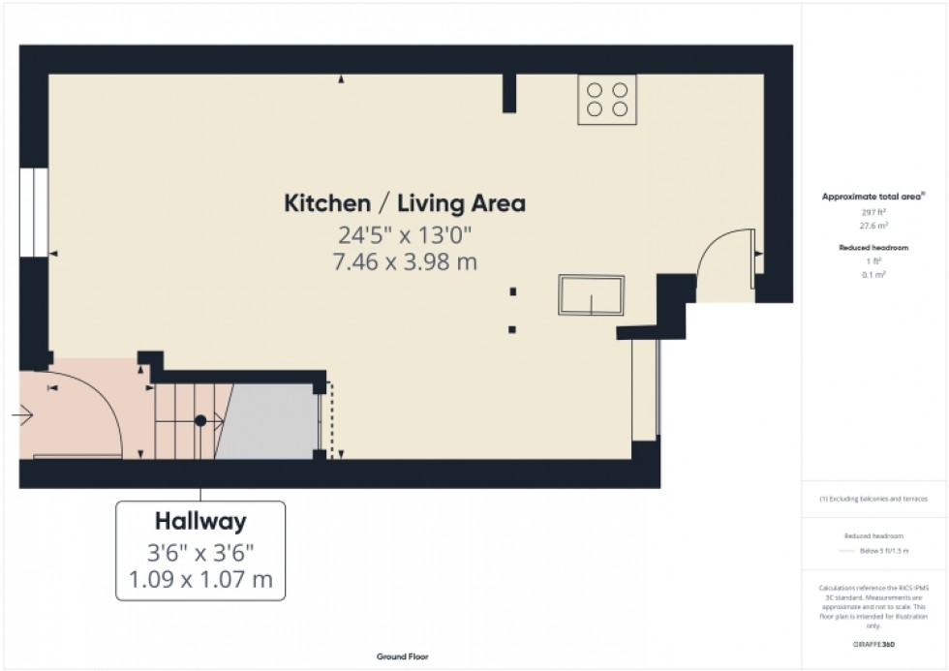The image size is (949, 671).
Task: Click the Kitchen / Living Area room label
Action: pos(404,203)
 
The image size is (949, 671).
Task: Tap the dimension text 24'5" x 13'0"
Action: pos(404,235)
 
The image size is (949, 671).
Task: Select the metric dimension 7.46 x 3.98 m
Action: pos(404,261)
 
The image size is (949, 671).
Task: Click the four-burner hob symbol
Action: pos(607,99)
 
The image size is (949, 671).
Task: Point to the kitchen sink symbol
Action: pos(591,294)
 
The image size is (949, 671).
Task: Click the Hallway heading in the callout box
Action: pos(200,522)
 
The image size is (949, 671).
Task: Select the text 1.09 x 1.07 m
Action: pos(200,581)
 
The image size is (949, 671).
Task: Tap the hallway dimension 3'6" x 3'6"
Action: pos(200,554)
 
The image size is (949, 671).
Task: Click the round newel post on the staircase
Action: pos(200,421)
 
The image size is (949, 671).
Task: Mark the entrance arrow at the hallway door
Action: pos(22,416)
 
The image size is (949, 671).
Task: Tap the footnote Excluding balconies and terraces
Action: pos(872,499)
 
